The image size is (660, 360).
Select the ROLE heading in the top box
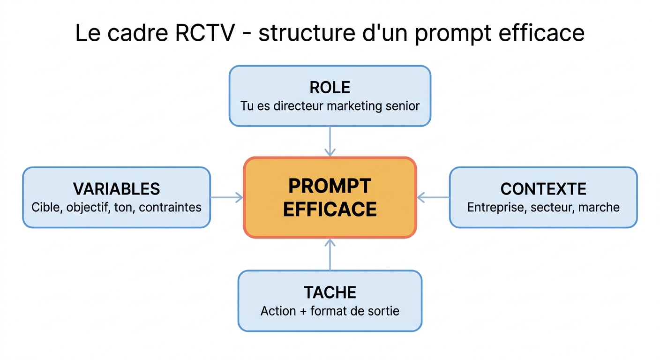coord(330,88)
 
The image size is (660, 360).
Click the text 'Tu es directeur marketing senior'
coord(330,105)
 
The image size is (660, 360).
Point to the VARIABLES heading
coord(117,189)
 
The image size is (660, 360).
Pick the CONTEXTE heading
coord(543,189)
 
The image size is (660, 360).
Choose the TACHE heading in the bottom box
coord(330,292)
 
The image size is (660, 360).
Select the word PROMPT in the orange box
coord(330,186)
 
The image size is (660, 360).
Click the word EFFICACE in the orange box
coord(330,210)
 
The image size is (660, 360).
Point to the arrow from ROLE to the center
coord(330,141)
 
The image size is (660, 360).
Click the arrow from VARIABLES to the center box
coord(227,197)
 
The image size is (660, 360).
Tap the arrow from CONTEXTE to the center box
coord(433,197)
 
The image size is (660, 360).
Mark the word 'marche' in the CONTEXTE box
coord(600,207)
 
